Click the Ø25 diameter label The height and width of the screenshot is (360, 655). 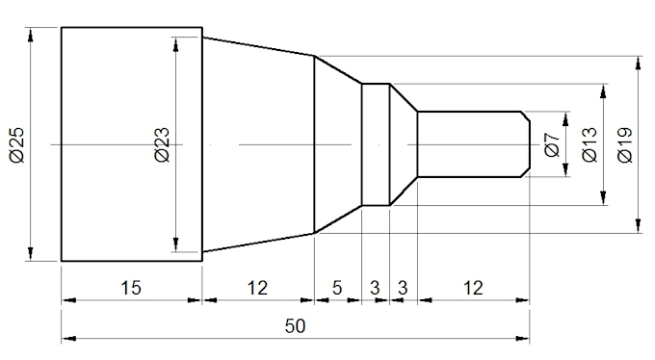[x=16, y=143]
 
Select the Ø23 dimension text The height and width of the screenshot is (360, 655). [x=162, y=143]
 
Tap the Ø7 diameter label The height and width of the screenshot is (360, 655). [x=552, y=144]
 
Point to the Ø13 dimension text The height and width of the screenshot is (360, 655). [x=589, y=144]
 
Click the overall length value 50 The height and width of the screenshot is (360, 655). [x=295, y=326]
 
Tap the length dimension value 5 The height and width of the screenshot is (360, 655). [x=337, y=288]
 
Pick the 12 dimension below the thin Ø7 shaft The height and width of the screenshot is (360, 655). [x=472, y=288]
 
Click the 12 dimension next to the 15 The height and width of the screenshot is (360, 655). [x=257, y=288]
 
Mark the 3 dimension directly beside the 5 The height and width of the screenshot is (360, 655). [x=375, y=288]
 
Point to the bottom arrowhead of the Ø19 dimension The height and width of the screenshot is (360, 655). [x=637, y=225]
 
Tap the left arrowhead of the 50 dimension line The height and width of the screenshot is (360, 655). [x=68, y=339]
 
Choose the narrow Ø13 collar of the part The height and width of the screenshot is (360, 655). [x=375, y=144]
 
